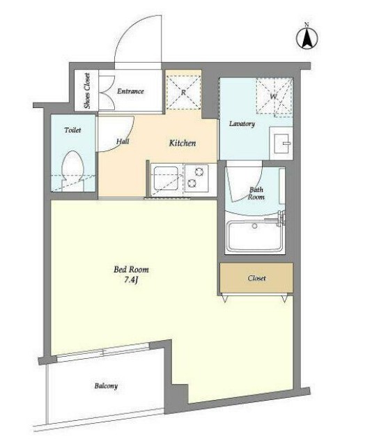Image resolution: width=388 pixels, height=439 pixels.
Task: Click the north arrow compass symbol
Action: [306, 38]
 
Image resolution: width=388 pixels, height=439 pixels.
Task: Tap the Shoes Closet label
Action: [87, 91]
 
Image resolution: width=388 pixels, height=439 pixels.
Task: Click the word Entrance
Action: [130, 91]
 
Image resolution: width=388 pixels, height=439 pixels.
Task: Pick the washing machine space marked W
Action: [274, 96]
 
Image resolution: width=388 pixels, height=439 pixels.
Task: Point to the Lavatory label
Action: [242, 124]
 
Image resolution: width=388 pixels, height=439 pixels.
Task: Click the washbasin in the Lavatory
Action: [281, 144]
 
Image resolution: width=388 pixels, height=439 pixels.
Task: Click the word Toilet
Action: [72, 130]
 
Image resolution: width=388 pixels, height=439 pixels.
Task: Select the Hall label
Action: [123, 141]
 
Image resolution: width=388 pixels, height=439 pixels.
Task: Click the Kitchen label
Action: [183, 143]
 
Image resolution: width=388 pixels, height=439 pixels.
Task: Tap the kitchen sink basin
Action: [166, 178]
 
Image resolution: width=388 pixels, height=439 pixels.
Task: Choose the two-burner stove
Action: [196, 178]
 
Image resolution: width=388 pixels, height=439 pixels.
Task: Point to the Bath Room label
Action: [256, 193]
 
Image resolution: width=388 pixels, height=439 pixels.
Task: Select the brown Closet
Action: [256, 278]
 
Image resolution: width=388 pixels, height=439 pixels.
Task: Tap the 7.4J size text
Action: [131, 279]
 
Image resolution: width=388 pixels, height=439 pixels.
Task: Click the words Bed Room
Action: [131, 270]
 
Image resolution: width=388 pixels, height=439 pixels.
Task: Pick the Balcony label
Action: [106, 386]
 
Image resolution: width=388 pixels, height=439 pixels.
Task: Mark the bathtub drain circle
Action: [255, 226]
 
